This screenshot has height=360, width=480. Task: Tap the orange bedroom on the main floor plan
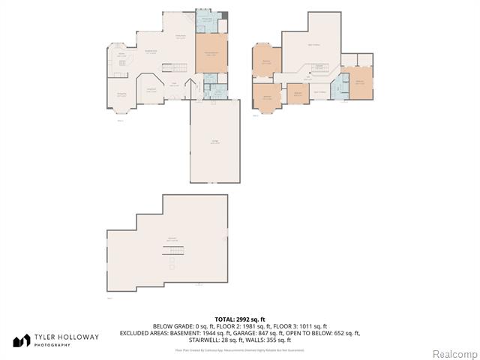click(x=211, y=54)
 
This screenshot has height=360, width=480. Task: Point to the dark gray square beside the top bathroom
click(x=224, y=16)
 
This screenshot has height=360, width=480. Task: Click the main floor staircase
click(x=121, y=68)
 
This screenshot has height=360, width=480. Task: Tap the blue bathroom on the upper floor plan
click(x=339, y=88)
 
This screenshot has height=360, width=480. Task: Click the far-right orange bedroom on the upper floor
click(x=360, y=82)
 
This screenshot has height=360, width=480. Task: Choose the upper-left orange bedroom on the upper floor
click(x=267, y=62)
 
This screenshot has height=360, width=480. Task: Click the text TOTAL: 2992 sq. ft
click(x=239, y=319)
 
